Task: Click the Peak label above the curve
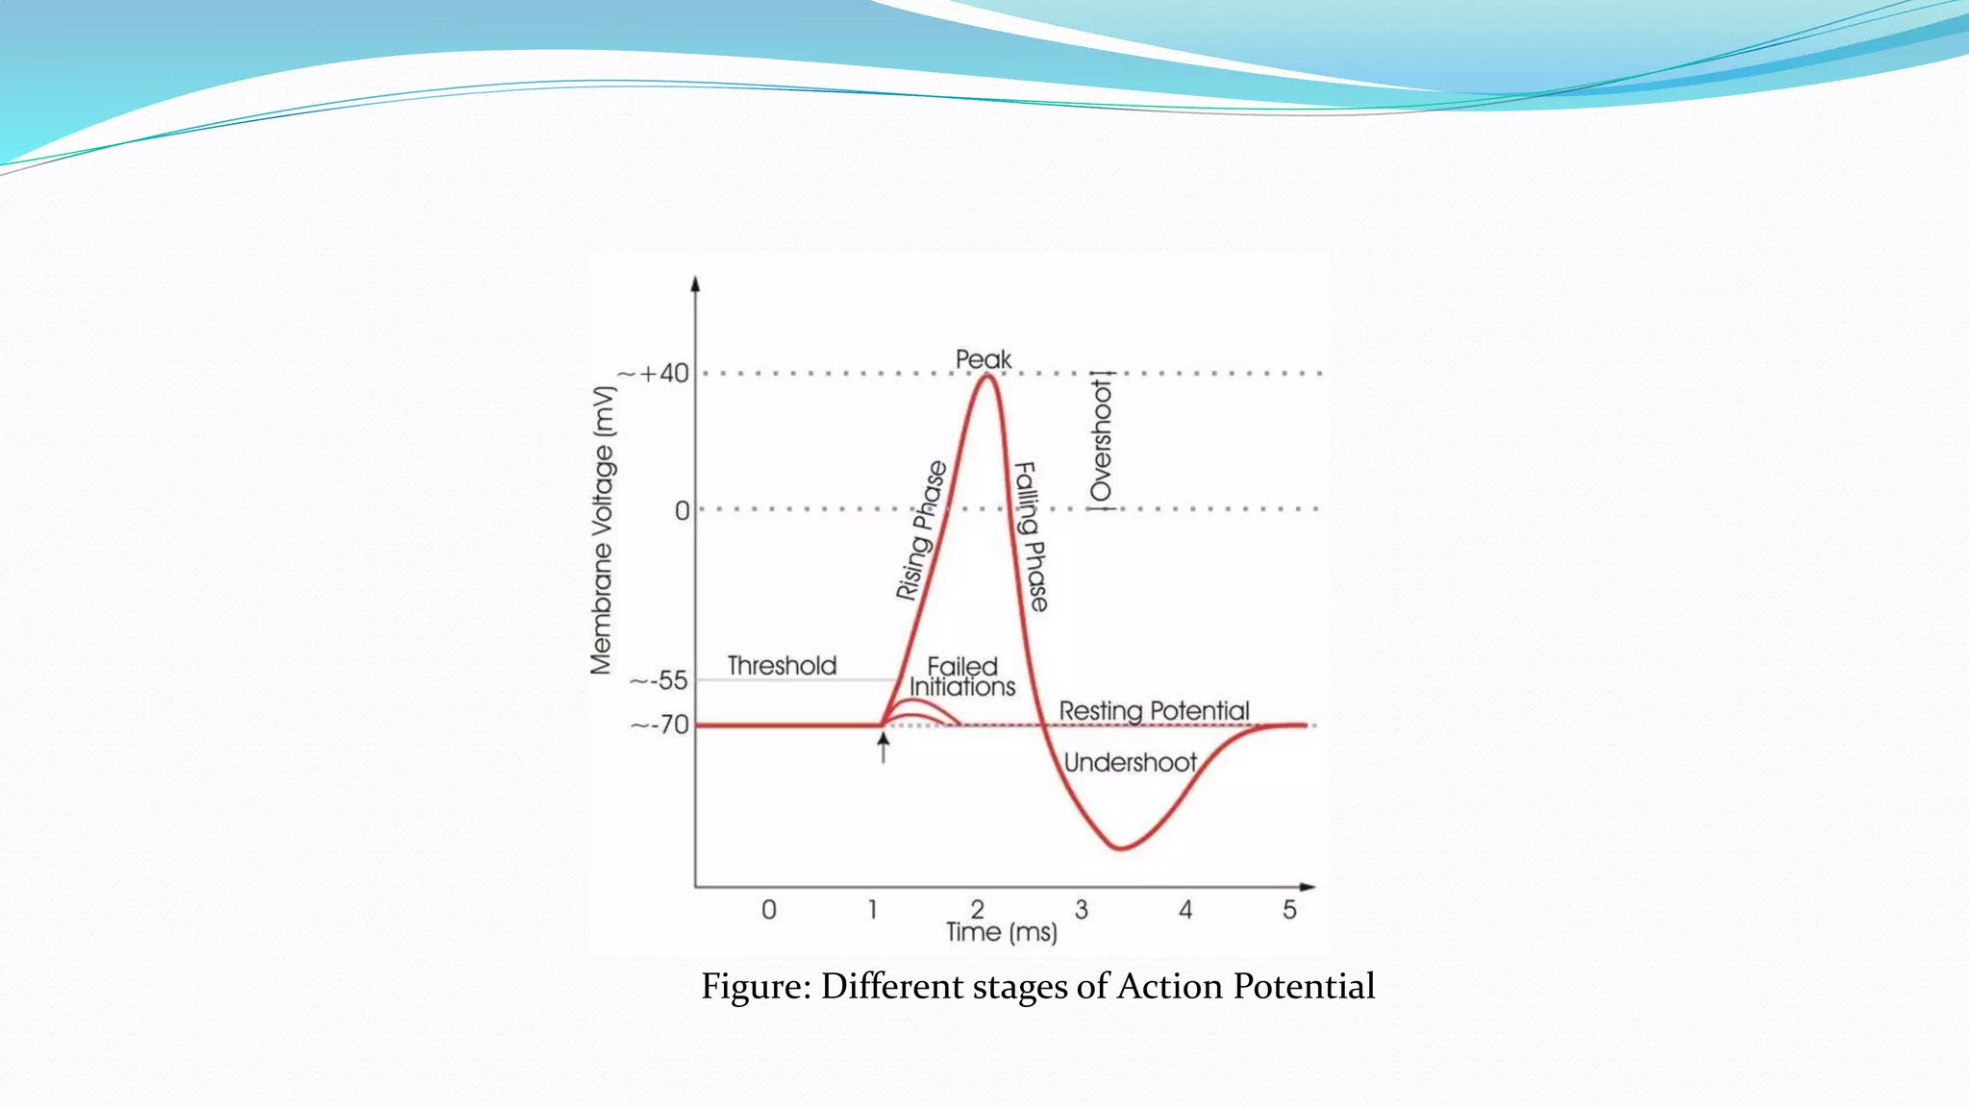click(x=983, y=359)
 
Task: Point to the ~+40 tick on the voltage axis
click(x=655, y=374)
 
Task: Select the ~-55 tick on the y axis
click(x=660, y=681)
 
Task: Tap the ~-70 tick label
click(x=660, y=725)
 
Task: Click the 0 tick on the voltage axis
click(x=682, y=510)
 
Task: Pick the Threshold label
click(x=782, y=665)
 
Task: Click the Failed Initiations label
click(x=962, y=676)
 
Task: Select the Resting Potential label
click(x=1154, y=711)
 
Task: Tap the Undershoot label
click(x=1130, y=763)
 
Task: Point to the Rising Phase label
click(x=921, y=530)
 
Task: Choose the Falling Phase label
click(x=1032, y=536)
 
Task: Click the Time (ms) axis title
click(x=1001, y=932)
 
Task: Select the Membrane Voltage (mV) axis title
click(x=602, y=530)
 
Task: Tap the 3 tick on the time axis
click(x=1082, y=909)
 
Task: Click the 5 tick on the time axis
click(x=1289, y=909)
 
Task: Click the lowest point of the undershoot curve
click(x=1120, y=849)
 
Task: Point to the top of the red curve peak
click(x=986, y=376)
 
